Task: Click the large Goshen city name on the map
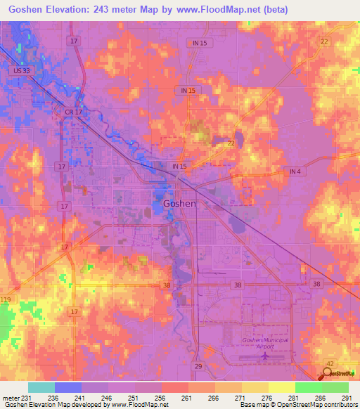[x=179, y=203]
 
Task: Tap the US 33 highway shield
[x=20, y=70]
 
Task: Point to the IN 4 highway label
[x=293, y=172]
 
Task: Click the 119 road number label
[x=6, y=300]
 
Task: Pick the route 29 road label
[x=199, y=367]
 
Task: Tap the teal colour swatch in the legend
[x=41, y=387]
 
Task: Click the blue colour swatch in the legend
[x=68, y=387]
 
